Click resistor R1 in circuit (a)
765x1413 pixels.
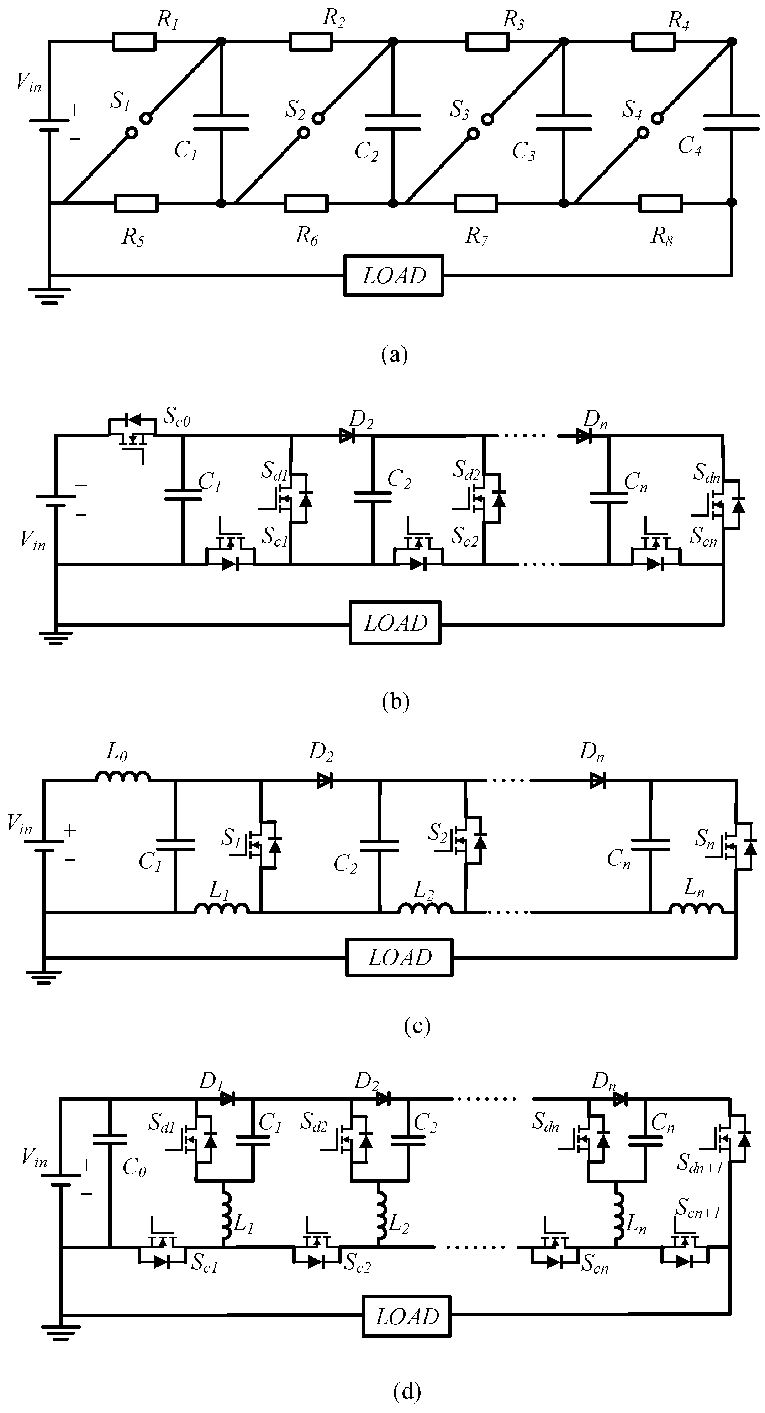tap(134, 42)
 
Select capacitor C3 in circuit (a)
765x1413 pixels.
tap(563, 122)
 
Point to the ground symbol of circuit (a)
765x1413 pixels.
tap(49, 295)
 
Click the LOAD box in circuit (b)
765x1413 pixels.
tap(395, 623)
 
